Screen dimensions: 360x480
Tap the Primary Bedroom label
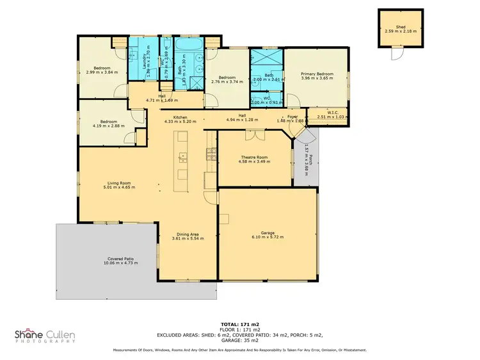point(317,74)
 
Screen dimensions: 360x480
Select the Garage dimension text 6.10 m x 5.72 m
point(268,237)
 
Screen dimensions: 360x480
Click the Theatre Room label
point(254,157)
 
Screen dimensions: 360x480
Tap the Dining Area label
point(188,234)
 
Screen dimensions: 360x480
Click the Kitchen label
point(179,117)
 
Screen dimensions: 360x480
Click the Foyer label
point(292,116)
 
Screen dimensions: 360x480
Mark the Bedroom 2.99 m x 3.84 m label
point(102,68)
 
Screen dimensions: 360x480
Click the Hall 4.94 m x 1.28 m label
point(242,115)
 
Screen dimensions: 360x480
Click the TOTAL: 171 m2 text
point(240,325)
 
